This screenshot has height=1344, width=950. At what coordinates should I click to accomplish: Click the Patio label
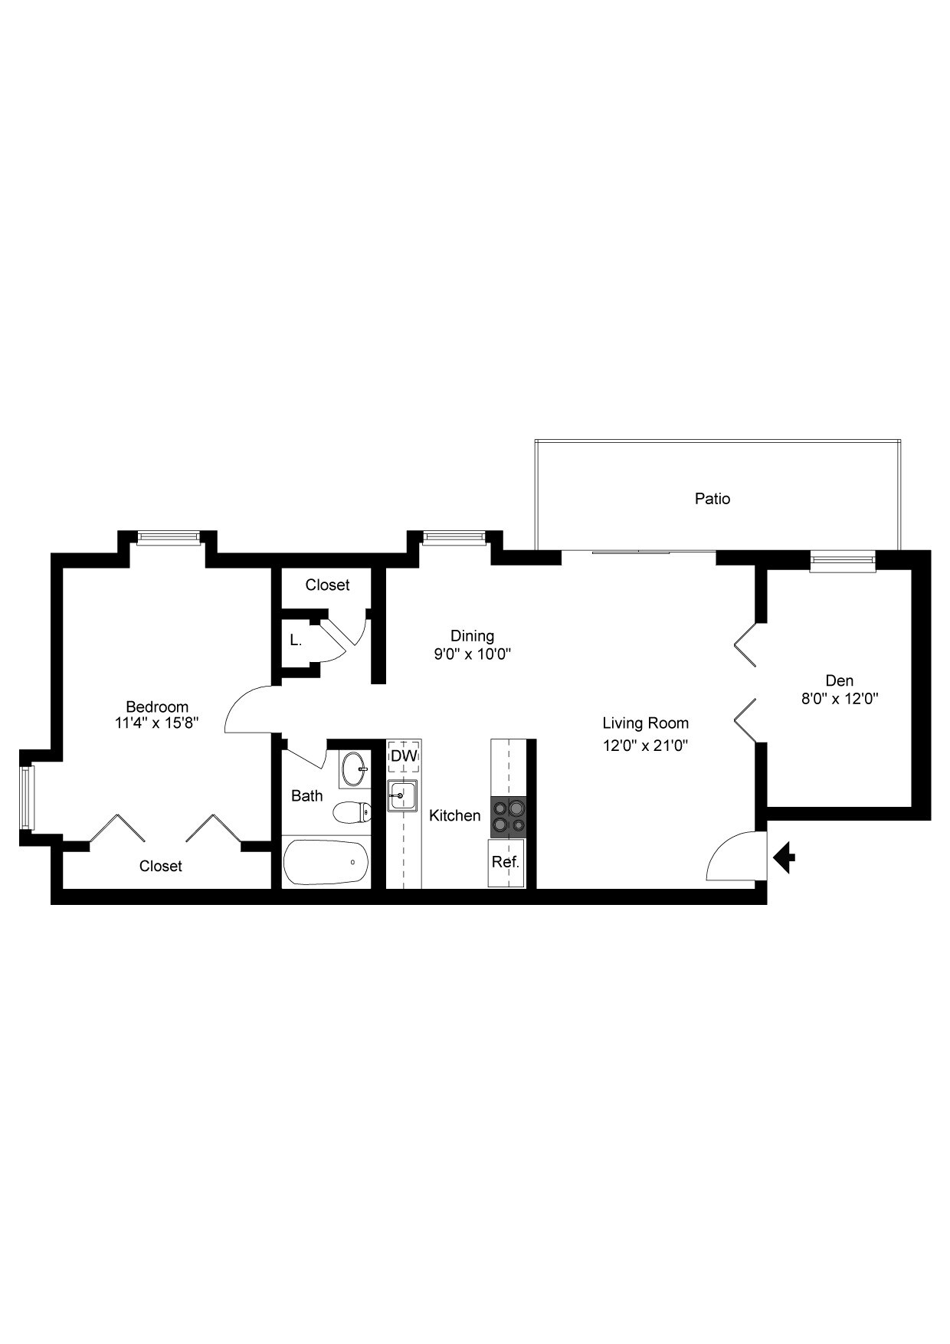pos(712,499)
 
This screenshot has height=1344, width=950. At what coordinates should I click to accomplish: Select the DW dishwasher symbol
pos(404,756)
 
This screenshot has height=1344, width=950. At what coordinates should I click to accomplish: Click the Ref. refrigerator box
pos(506,862)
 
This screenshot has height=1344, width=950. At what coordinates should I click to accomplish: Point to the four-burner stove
pos(509,815)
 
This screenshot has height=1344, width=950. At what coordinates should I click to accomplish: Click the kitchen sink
pos(401,795)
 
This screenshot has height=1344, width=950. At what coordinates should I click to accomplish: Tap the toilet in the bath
pos(352,812)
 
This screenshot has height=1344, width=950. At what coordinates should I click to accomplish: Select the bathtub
pos(326,862)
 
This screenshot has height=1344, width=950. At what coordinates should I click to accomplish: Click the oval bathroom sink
pos(354,769)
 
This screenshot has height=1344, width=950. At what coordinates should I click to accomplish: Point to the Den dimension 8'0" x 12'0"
pos(840,699)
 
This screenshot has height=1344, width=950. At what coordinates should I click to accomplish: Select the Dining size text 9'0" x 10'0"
pos(472,654)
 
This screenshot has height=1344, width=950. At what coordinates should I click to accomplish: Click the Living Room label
pos(645,723)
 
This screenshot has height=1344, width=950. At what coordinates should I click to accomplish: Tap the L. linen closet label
pos(295,640)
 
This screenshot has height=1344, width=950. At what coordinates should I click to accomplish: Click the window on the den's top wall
pos(842,562)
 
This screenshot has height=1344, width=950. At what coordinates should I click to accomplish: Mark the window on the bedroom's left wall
pos(28,797)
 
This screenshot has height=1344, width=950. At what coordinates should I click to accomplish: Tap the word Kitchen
pos(454,816)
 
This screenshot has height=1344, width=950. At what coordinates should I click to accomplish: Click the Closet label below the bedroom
pos(161,866)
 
